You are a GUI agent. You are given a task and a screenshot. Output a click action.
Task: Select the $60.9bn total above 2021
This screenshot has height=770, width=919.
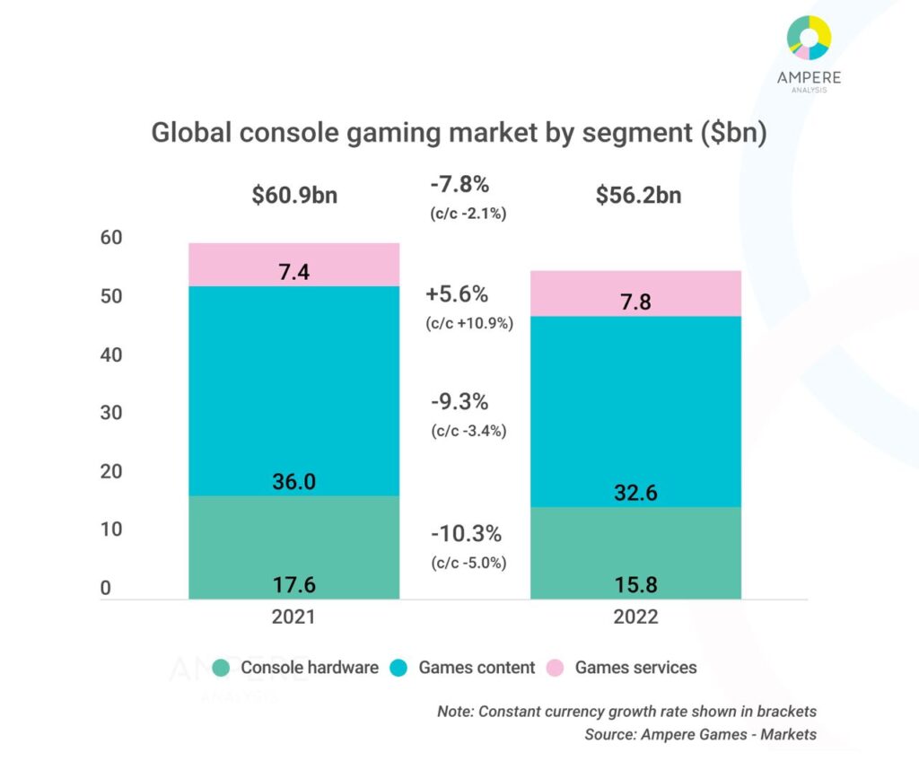pyautogui.click(x=294, y=195)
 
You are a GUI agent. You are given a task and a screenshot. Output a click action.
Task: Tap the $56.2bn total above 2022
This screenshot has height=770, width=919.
pyautogui.click(x=638, y=195)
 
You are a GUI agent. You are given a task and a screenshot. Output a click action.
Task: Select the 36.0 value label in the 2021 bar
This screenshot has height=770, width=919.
pyautogui.click(x=293, y=482)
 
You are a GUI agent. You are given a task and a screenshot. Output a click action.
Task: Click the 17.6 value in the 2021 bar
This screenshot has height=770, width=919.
pyautogui.click(x=293, y=586)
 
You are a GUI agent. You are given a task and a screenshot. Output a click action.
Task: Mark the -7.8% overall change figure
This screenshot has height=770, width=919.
pyautogui.click(x=459, y=186)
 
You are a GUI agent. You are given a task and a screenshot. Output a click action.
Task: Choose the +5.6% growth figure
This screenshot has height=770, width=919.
pyautogui.click(x=458, y=294)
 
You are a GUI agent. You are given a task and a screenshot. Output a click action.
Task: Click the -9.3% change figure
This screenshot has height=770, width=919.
pyautogui.click(x=459, y=401)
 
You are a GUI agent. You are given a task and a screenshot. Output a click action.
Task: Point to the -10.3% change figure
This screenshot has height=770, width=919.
pyautogui.click(x=465, y=534)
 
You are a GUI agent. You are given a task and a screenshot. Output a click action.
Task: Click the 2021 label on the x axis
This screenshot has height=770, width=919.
pyautogui.click(x=293, y=617)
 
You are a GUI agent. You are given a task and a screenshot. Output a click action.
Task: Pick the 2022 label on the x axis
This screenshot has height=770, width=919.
pyautogui.click(x=635, y=617)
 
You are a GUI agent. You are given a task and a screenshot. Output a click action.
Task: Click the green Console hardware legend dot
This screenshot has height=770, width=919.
pyautogui.click(x=221, y=668)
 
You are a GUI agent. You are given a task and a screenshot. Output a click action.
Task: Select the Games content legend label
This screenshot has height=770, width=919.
pyautogui.click(x=477, y=668)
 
